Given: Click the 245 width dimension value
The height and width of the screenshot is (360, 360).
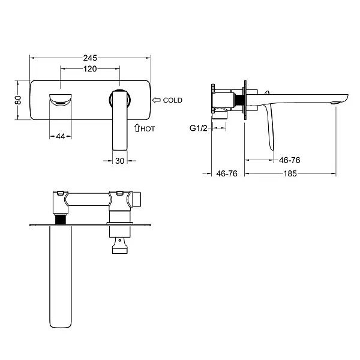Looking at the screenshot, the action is click(x=90, y=58).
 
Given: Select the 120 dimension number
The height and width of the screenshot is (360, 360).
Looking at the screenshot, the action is click(x=90, y=68).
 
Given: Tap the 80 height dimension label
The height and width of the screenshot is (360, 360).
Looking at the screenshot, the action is click(x=18, y=100).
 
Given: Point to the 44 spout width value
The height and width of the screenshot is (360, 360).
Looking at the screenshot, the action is click(x=61, y=136).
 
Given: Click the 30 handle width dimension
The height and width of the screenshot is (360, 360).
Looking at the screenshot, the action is click(x=120, y=161).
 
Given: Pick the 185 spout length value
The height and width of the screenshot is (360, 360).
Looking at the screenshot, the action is click(x=290, y=173).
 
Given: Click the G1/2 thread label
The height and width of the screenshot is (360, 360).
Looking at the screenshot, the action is click(x=199, y=128).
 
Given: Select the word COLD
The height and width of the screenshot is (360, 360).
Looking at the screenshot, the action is click(x=173, y=100).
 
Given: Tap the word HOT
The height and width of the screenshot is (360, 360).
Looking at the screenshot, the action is click(x=148, y=129).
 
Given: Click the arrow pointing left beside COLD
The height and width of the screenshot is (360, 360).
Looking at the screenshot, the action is click(x=157, y=100).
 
